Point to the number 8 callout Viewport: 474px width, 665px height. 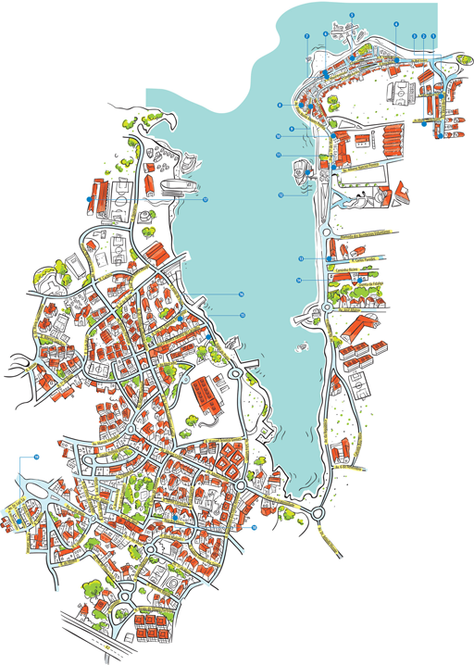280,106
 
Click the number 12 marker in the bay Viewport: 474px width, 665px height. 280,195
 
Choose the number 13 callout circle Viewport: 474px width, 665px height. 301,257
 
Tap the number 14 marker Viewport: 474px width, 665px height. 299,279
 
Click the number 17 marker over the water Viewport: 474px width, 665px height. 205,199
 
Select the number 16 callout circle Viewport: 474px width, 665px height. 241,295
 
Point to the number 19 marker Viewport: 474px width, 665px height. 37,457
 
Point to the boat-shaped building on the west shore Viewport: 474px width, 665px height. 177,189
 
